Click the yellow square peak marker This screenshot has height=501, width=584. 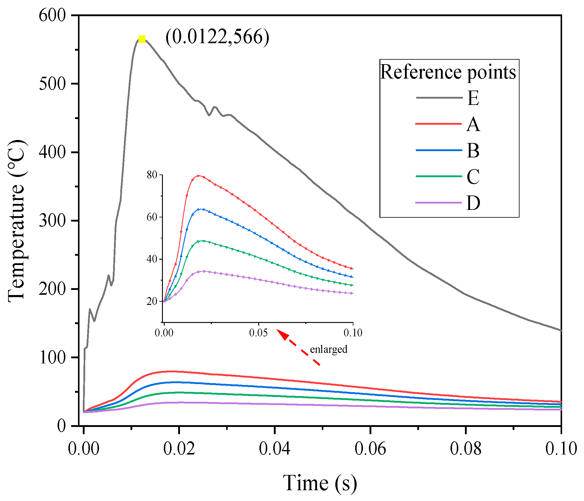coord(142,39)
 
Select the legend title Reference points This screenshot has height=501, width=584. coord(448,72)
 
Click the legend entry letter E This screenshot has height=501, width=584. coord(473,98)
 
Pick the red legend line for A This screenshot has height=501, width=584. coord(439,124)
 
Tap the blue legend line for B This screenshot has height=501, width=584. coord(439,150)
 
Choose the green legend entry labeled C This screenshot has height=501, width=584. coord(473,177)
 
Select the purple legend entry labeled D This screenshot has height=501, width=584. coord(473,203)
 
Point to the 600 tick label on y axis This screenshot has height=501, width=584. coord(52,15)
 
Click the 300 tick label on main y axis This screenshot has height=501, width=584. coord(52,221)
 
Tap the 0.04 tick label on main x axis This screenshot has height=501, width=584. coord(274,449)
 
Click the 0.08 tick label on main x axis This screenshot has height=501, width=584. coord(466,449)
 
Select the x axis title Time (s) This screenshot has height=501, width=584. coord(320,483)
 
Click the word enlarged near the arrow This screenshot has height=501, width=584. coord(328,350)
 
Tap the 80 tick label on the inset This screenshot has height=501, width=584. coord(152,175)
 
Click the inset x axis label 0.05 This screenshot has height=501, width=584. coord(258,333)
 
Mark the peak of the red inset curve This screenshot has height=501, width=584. coord(198,176)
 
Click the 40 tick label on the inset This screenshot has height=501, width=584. coord(152,259)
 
